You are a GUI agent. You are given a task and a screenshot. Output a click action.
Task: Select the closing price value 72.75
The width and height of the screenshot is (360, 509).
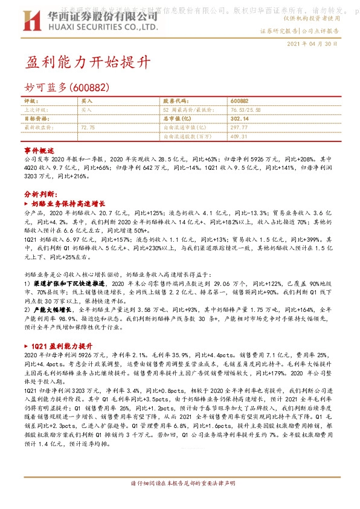(88, 128)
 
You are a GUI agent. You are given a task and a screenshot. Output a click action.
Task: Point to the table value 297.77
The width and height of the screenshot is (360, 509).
(239, 128)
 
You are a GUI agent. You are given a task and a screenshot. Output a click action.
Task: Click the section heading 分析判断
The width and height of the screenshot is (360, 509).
(41, 195)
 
